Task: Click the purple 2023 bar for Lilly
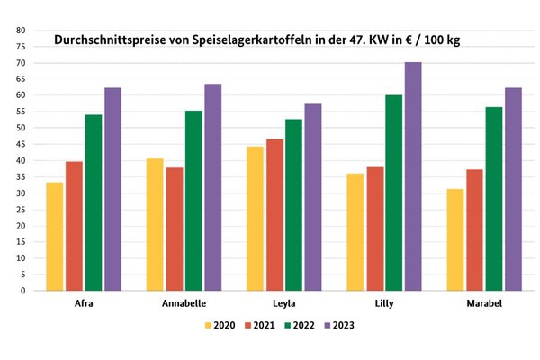(413, 176)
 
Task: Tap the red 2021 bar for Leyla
(274, 215)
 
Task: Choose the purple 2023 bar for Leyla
(312, 197)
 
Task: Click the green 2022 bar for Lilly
(393, 193)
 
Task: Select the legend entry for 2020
(220, 325)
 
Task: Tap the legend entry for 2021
(261, 325)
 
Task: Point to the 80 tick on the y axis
(19, 31)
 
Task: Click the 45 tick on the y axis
(19, 144)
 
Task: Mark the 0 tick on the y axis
(22, 291)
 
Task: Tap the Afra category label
(85, 303)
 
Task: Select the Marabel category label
(483, 303)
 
